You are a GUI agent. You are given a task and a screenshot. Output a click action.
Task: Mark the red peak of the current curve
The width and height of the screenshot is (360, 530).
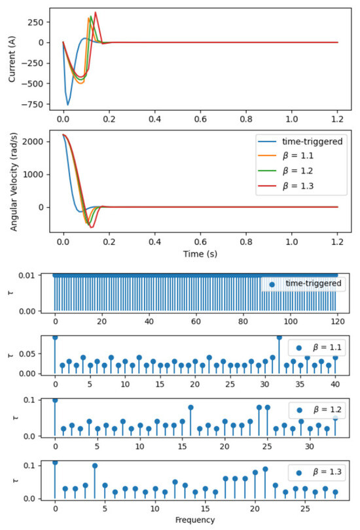coord(96,12)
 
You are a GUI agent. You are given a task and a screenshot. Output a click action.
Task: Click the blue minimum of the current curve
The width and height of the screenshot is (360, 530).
coord(67,104)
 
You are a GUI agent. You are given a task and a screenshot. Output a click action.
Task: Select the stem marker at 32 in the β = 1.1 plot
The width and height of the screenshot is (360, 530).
coord(279,337)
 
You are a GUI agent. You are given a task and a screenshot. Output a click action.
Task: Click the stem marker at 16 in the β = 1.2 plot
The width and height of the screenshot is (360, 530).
coord(190,407)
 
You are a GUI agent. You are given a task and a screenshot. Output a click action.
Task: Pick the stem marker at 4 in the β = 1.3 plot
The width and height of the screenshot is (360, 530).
coord(95,466)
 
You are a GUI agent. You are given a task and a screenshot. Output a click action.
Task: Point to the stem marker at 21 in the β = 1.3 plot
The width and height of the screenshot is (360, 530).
coord(265,469)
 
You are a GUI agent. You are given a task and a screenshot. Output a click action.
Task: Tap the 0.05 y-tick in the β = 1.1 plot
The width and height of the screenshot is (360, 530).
coord(39,354)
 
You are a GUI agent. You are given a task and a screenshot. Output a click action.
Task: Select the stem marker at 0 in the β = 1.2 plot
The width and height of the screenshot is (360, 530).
coord(55,400)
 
